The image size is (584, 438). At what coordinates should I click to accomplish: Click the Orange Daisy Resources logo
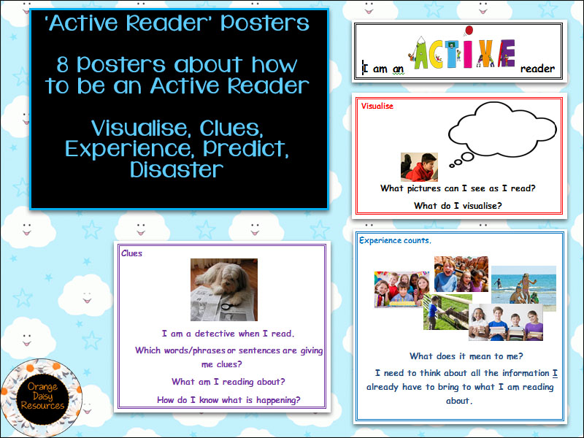[x=41, y=397]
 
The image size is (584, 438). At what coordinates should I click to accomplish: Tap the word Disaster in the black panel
[x=177, y=170]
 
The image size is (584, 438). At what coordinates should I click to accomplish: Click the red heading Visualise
[x=377, y=106]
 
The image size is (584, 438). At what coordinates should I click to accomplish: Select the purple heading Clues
[x=131, y=253]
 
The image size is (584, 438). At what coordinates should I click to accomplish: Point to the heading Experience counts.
[x=395, y=241]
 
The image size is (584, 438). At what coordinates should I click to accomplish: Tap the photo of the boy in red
[x=419, y=167]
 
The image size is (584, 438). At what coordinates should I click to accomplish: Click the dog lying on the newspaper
[x=223, y=280]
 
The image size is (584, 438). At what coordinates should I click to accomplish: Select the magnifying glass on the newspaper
[x=228, y=307]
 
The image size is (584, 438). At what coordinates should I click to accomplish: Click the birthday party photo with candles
[x=401, y=289]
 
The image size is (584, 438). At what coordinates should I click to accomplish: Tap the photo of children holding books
[x=505, y=322]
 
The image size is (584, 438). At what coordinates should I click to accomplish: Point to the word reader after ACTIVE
[x=537, y=69]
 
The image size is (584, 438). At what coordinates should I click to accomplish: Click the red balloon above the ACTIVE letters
[x=469, y=30]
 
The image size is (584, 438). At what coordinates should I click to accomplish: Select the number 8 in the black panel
[x=63, y=65]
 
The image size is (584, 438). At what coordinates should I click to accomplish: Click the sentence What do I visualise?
[x=458, y=206]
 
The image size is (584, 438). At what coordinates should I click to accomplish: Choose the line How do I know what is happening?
[x=228, y=400]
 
